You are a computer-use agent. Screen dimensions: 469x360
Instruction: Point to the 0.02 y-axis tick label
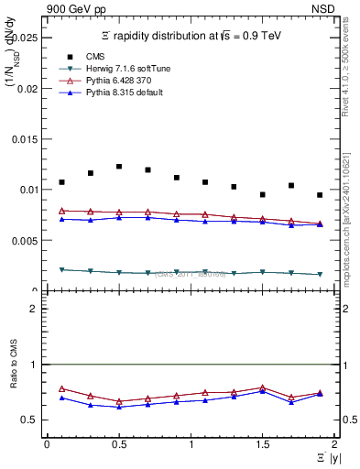28,89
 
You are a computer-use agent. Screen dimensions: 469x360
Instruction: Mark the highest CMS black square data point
119,167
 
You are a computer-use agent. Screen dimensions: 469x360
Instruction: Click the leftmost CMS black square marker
61,182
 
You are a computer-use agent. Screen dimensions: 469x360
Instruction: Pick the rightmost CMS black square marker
320,195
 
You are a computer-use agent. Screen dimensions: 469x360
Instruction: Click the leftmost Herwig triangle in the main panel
61,270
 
